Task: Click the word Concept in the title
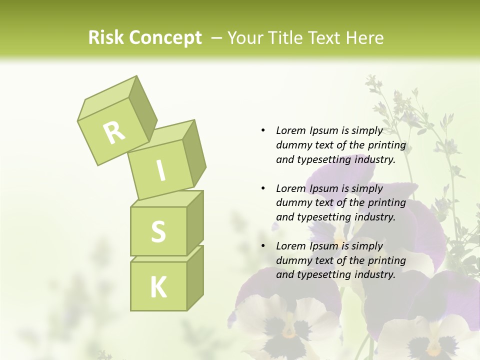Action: click(x=165, y=38)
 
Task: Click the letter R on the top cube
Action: click(x=114, y=132)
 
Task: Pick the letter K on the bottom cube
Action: click(x=158, y=287)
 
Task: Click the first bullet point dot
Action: click(x=263, y=130)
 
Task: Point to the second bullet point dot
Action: click(x=263, y=188)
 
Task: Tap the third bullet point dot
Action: click(x=263, y=246)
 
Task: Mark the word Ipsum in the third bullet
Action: click(x=324, y=246)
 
